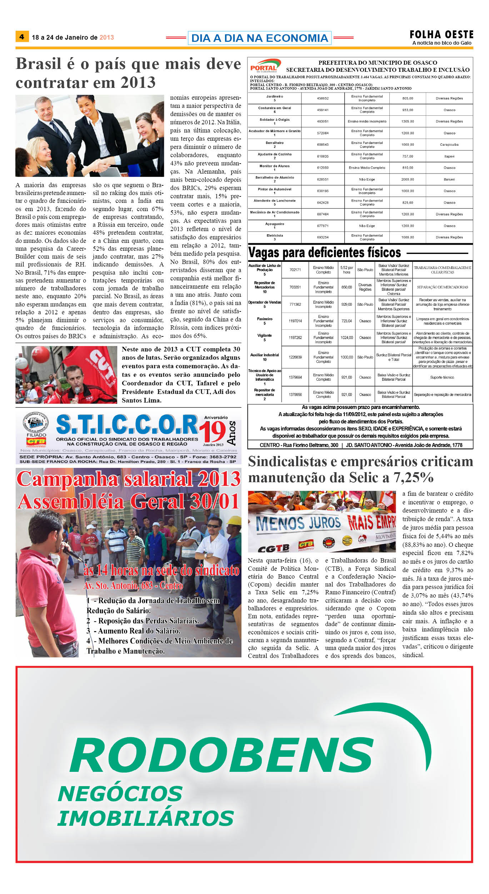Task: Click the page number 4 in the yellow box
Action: [x=22, y=36]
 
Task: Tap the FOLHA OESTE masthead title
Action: [x=441, y=35]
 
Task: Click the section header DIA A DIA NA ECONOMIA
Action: [x=259, y=38]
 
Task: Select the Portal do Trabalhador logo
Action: [x=264, y=66]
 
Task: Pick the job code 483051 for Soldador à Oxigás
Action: [x=323, y=121]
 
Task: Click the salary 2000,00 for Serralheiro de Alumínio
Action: [x=407, y=179]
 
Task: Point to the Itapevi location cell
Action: [x=449, y=156]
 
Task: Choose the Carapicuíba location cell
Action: [x=449, y=145]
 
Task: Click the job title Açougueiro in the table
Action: [x=274, y=224]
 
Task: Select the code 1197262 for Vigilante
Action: [x=295, y=338]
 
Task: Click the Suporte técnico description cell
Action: [x=442, y=377]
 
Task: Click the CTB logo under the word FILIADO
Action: [x=36, y=441]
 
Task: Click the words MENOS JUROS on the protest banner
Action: [x=298, y=523]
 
